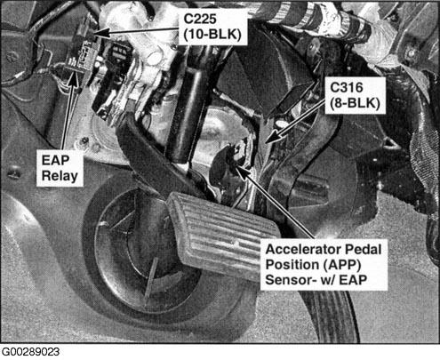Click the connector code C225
click(x=200, y=19)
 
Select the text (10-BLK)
click(x=212, y=35)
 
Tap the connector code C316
click(x=347, y=87)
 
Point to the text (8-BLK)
click(x=355, y=103)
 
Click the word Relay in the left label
click(x=60, y=176)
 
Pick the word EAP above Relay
click(x=55, y=160)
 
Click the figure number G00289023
click(x=30, y=352)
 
